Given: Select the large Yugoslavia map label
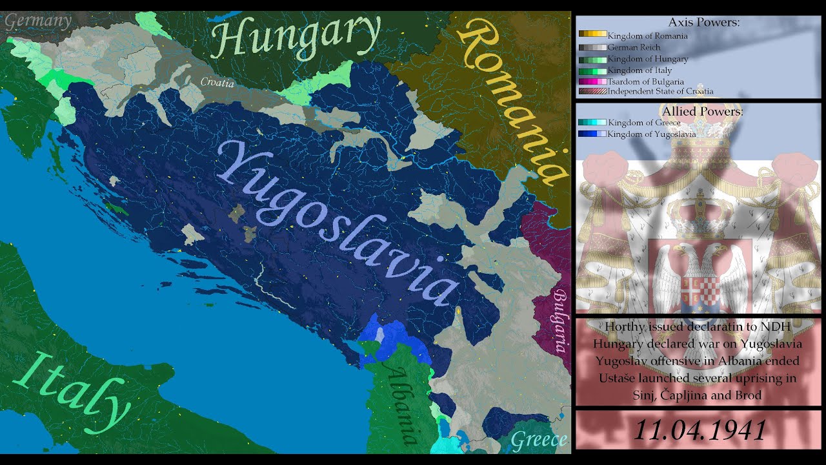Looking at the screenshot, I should pos(339,223).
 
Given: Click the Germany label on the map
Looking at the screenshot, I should pos(38,21).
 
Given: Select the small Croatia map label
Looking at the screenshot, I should pos(217,83).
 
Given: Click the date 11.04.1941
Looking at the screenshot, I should pos(700,429).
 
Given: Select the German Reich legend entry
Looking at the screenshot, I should pos(634,47).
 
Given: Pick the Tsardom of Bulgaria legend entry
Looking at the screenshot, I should pos(645,81).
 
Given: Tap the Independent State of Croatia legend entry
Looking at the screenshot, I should pos(660,92).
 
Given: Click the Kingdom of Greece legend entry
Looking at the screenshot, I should pos(643,123).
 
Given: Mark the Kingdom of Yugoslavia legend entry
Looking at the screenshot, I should pos(651,134).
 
